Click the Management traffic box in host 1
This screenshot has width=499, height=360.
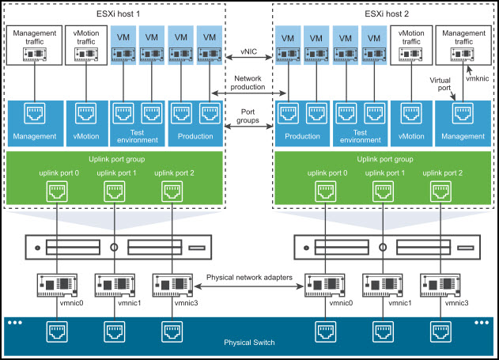pos(34,47)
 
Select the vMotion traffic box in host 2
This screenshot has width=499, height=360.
pos(407,47)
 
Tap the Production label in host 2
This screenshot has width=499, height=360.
pos(302,136)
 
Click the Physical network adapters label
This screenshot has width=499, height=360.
pos(249,279)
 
